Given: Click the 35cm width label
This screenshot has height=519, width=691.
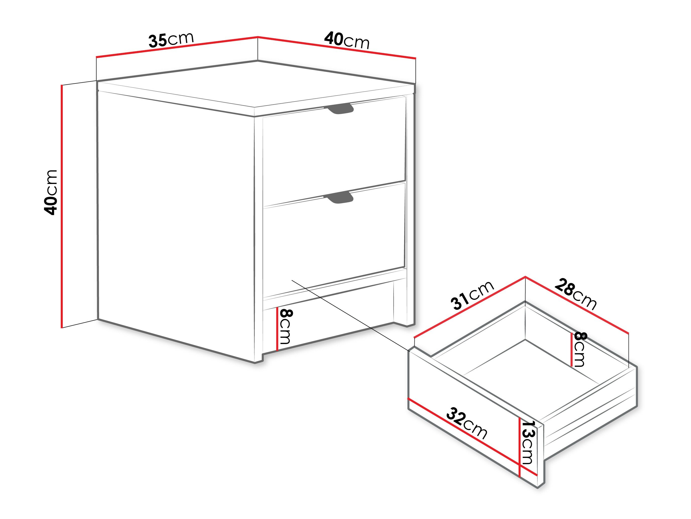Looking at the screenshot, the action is click(171, 40).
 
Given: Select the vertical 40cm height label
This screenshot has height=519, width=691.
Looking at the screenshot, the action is click(51, 193).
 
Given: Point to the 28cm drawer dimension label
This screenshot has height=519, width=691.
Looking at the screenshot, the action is click(576, 294).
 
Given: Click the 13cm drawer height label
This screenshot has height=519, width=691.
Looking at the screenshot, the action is click(528, 442).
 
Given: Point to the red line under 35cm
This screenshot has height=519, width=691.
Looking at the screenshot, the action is click(177, 47).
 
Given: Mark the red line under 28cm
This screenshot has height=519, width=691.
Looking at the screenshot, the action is click(577, 305).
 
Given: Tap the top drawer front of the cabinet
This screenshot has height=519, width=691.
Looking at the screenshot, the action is click(334, 150).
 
